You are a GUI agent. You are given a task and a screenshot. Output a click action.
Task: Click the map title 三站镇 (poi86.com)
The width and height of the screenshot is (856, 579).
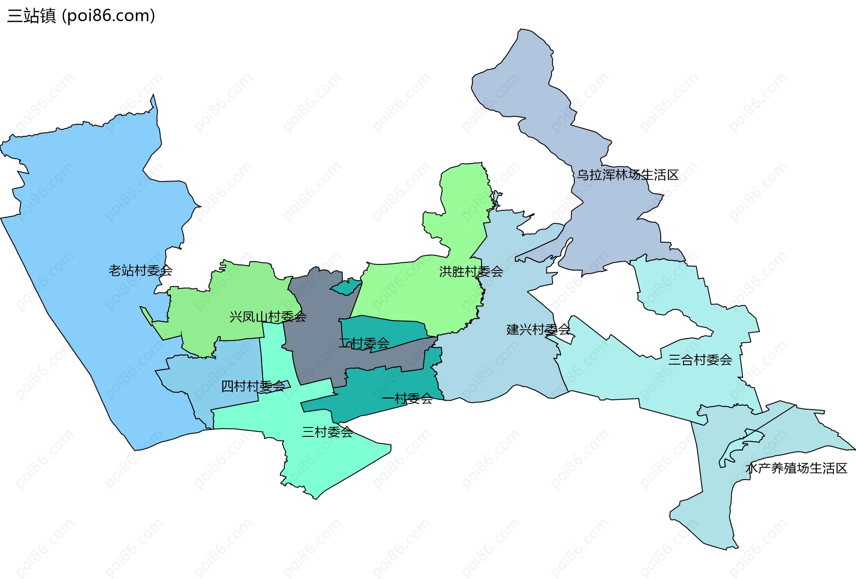[81, 16]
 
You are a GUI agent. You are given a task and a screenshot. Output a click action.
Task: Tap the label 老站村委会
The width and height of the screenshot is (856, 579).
[140, 271]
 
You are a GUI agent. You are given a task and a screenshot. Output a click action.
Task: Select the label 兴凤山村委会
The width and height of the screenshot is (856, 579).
[268, 317]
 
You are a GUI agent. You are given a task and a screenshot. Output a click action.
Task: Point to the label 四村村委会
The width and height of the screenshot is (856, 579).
[253, 386]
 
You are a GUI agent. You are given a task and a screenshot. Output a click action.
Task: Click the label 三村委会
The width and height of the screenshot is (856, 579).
[327, 432]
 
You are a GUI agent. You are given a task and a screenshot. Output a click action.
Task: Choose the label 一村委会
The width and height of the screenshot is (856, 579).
[407, 398]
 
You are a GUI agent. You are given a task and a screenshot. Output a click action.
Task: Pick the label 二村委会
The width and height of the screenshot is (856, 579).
[364, 343]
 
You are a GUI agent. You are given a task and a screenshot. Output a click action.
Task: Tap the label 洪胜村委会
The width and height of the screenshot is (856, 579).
[471, 271]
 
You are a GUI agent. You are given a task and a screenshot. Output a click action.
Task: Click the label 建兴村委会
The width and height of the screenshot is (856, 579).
[538, 329]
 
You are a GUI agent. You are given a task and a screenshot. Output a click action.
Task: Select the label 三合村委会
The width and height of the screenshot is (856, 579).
[700, 360]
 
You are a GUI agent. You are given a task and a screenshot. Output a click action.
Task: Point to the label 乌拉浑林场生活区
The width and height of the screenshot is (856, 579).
[627, 175]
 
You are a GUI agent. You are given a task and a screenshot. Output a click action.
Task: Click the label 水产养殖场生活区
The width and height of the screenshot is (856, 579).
[796, 468]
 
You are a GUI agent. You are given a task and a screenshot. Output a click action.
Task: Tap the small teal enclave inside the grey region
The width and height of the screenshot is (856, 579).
[346, 287]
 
